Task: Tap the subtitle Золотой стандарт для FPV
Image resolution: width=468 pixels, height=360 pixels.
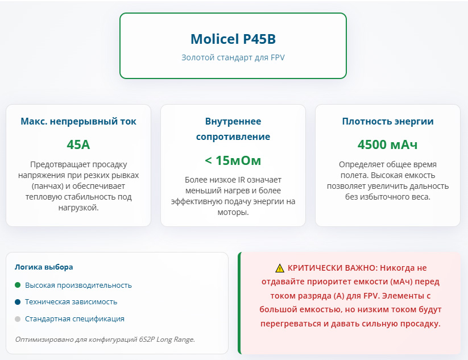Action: pyautogui.click(x=233, y=57)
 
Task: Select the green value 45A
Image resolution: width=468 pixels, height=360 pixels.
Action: pyautogui.click(x=78, y=144)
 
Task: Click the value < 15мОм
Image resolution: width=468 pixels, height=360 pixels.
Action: pyautogui.click(x=233, y=160)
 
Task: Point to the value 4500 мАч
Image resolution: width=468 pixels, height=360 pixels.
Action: pyautogui.click(x=387, y=144)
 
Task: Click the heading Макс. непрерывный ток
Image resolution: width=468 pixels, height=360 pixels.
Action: pyautogui.click(x=78, y=121)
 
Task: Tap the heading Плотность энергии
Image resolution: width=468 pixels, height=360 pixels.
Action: pyautogui.click(x=387, y=121)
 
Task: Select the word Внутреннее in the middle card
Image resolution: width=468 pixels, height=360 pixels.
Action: pyautogui.click(x=233, y=121)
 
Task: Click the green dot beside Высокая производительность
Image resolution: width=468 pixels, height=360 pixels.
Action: pyautogui.click(x=18, y=285)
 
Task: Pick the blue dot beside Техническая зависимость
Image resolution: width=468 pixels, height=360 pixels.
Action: pyautogui.click(x=18, y=302)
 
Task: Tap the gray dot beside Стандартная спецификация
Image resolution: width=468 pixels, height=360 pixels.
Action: pyautogui.click(x=18, y=319)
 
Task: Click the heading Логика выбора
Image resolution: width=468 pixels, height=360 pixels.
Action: pyautogui.click(x=44, y=267)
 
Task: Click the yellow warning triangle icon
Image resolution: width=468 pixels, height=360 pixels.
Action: pyautogui.click(x=280, y=268)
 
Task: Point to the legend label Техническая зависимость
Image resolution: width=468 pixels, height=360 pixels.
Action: pyautogui.click(x=71, y=302)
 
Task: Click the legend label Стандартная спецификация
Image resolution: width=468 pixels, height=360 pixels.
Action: pyautogui.click(x=74, y=319)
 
